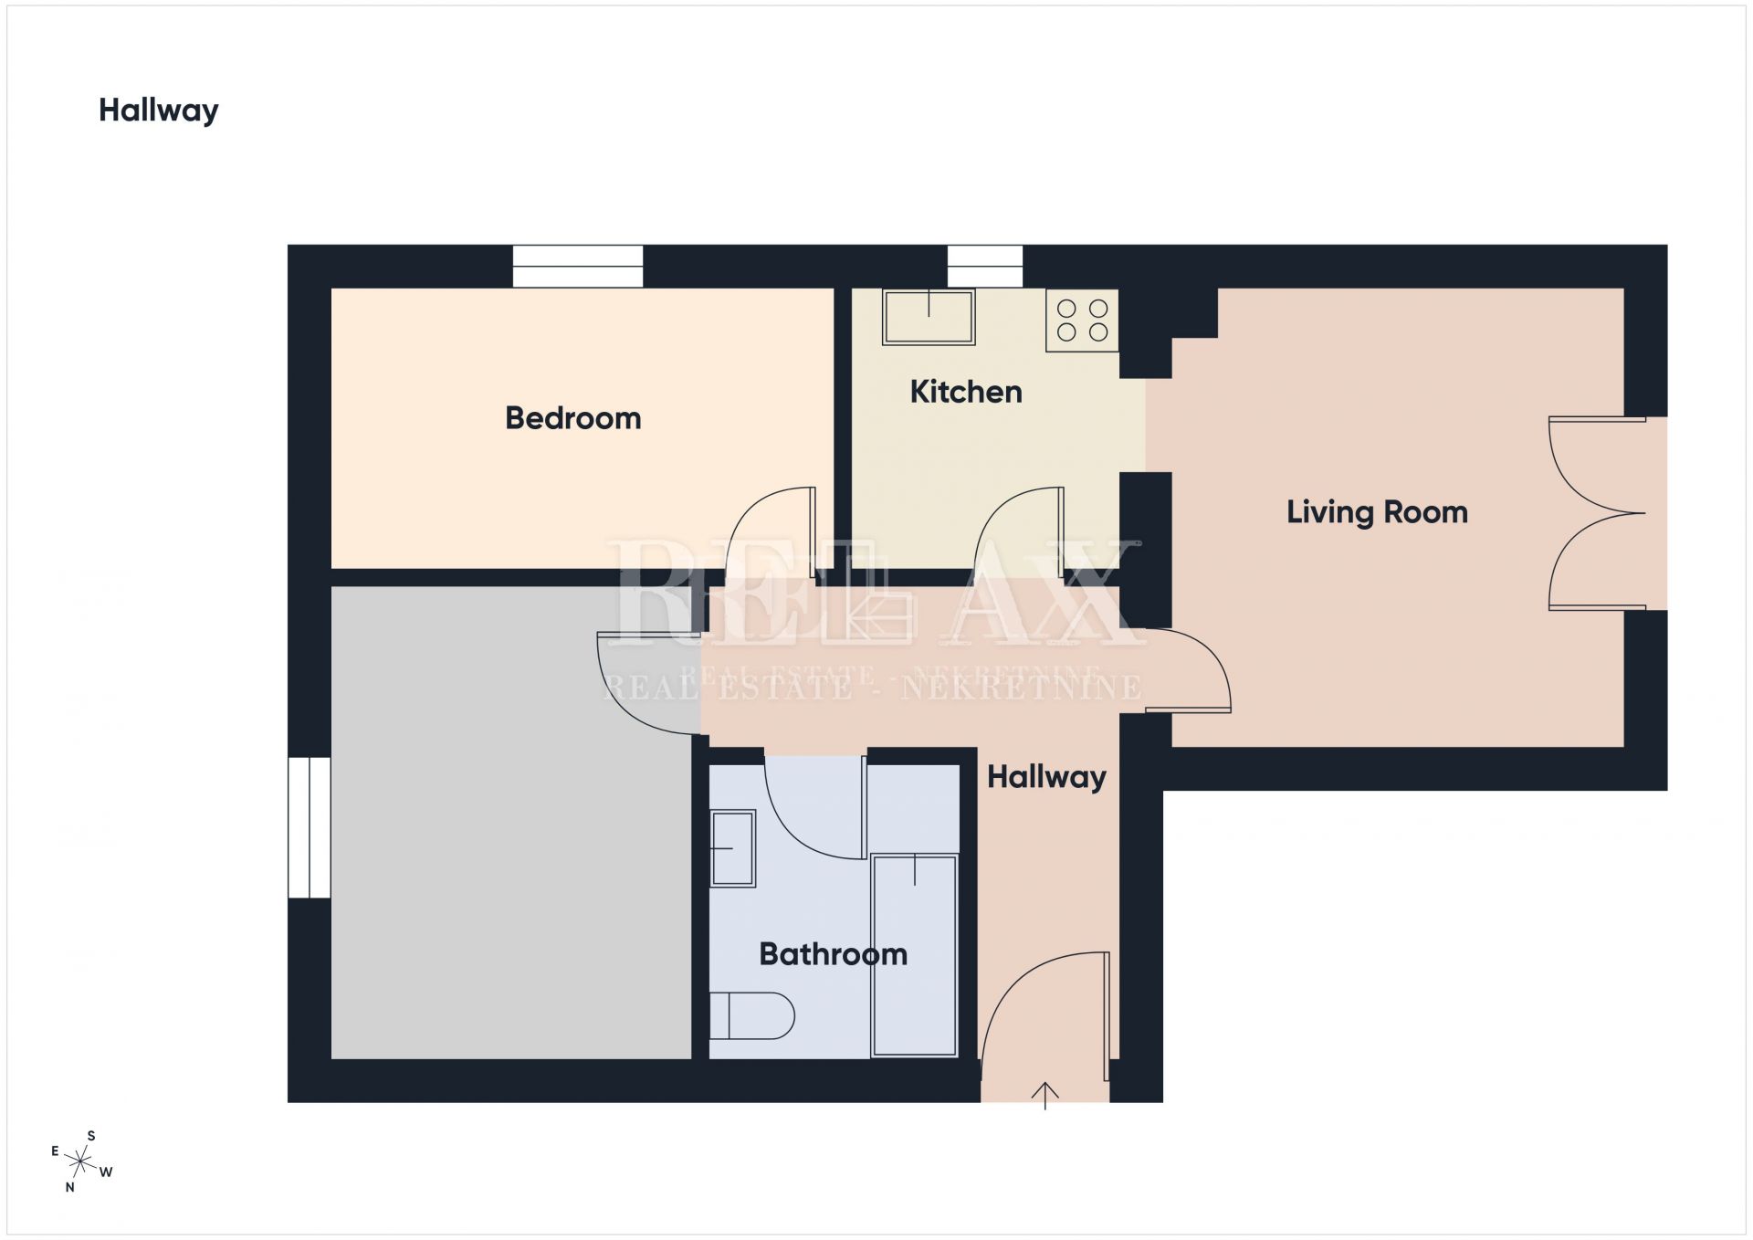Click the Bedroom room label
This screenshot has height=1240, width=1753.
coord(573,418)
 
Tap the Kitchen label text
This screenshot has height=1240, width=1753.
coord(966,392)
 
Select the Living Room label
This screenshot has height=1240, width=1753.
coord(1377,512)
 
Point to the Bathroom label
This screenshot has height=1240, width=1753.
coord(834,954)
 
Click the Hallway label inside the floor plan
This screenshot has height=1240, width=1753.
coord(1046,777)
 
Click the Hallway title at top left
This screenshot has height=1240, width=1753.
coord(159,110)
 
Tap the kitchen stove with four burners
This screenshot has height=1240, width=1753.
coord(1082,321)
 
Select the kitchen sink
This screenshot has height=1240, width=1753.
coord(929,317)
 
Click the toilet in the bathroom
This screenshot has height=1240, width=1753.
coord(751,1015)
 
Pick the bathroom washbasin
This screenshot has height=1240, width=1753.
coord(732,848)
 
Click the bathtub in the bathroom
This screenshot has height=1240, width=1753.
coord(915,955)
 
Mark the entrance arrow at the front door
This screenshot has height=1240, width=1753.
coord(1044,1095)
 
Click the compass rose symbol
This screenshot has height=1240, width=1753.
coord(81,1161)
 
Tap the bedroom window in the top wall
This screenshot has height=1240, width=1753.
coord(578,267)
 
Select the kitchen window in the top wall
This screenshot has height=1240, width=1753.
coord(985,267)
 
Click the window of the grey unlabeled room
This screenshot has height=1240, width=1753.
coord(310,827)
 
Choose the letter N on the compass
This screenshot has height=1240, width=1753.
coord(69,1187)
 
